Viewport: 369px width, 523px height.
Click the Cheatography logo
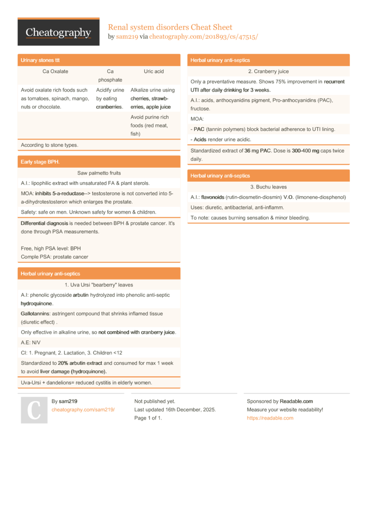coord(59,33)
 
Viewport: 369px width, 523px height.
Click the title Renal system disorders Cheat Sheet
coord(170,27)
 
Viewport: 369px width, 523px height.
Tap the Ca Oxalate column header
coord(56,71)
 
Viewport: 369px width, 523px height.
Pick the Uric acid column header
coord(154,71)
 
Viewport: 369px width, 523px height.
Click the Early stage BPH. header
coord(40,162)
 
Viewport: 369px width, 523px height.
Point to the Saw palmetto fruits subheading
coord(99,173)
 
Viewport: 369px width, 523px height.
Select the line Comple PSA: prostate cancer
coord(55,257)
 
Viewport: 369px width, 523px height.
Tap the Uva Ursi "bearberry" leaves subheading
coord(99,285)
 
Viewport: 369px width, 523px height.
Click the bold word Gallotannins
coord(37,314)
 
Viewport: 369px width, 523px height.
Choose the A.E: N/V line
coord(31,342)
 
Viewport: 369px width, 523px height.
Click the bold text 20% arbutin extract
coord(80,363)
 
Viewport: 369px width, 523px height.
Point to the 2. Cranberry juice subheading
coord(268,71)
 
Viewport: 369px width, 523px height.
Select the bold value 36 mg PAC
coord(258,151)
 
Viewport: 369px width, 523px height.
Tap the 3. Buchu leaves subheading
coord(268,187)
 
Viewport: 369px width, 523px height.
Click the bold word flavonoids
coord(212,197)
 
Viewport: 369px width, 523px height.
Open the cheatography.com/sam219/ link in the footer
coord(83,410)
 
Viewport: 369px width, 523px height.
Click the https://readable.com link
coord(270,418)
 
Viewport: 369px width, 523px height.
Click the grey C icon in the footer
coord(34,410)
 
